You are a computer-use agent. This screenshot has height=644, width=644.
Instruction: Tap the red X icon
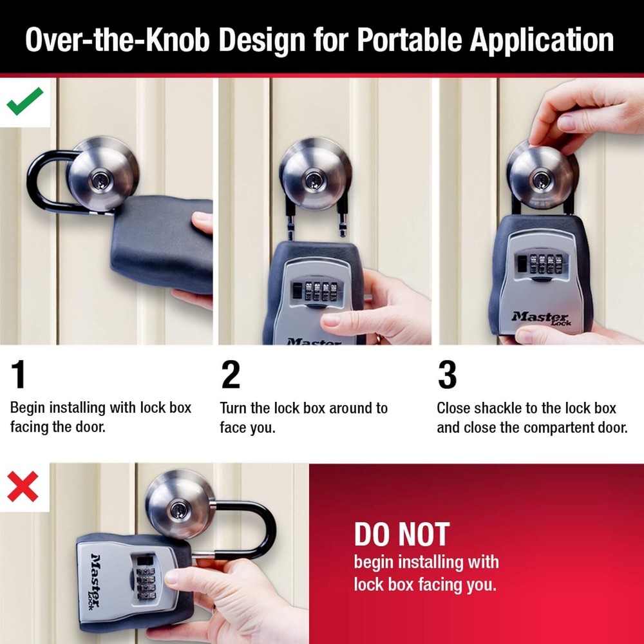point(23,487)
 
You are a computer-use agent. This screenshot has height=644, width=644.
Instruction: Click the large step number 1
point(19,375)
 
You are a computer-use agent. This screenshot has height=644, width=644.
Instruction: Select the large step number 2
point(231,375)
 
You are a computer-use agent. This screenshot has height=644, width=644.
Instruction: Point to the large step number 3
point(447,375)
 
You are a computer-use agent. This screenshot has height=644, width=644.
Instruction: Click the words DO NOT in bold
point(401,535)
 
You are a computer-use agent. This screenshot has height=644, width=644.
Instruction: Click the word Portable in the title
point(410,41)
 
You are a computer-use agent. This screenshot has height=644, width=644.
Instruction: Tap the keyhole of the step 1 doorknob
point(100,177)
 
